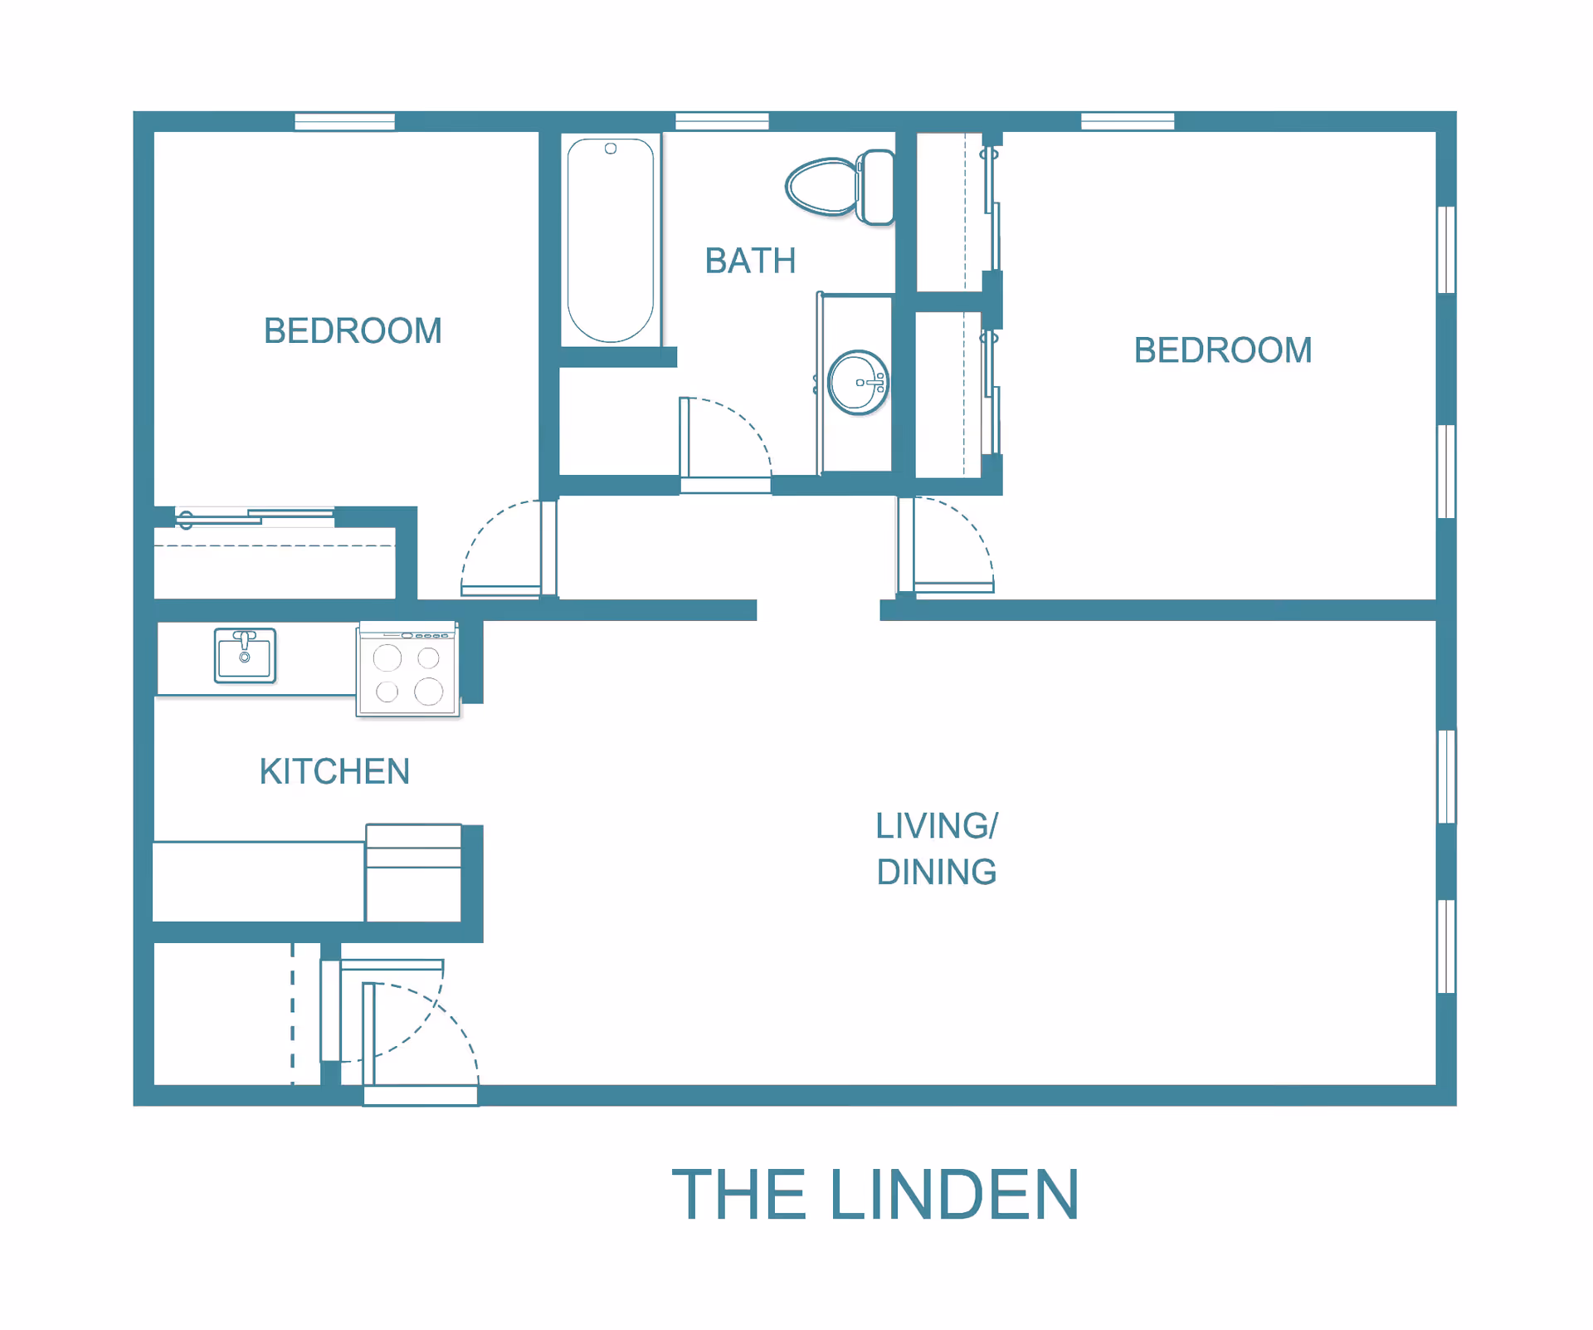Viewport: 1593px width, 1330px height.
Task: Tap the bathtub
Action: click(x=611, y=240)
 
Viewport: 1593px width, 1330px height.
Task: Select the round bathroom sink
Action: click(x=858, y=383)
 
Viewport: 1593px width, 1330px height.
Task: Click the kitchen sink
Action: click(x=245, y=655)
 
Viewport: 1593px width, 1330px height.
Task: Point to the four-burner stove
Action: click(x=407, y=669)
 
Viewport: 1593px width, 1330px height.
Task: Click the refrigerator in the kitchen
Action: click(x=413, y=873)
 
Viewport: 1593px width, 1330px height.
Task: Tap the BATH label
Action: click(x=750, y=261)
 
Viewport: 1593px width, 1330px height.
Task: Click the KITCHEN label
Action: click(x=334, y=771)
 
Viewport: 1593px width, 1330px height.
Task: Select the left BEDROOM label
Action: click(x=353, y=330)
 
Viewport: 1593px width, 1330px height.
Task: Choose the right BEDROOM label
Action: click(x=1223, y=350)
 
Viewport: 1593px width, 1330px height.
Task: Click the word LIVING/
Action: click(x=937, y=826)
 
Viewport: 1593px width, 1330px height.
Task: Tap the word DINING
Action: click(x=937, y=872)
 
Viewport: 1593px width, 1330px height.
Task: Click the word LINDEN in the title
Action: click(x=954, y=1194)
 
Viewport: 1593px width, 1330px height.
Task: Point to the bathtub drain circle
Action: click(x=611, y=149)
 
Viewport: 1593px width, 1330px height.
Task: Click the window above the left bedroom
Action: click(x=344, y=121)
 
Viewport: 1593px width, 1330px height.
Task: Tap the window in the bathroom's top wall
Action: click(x=722, y=121)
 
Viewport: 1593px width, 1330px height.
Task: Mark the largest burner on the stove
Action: click(x=429, y=691)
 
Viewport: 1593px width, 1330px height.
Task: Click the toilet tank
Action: click(x=877, y=187)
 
